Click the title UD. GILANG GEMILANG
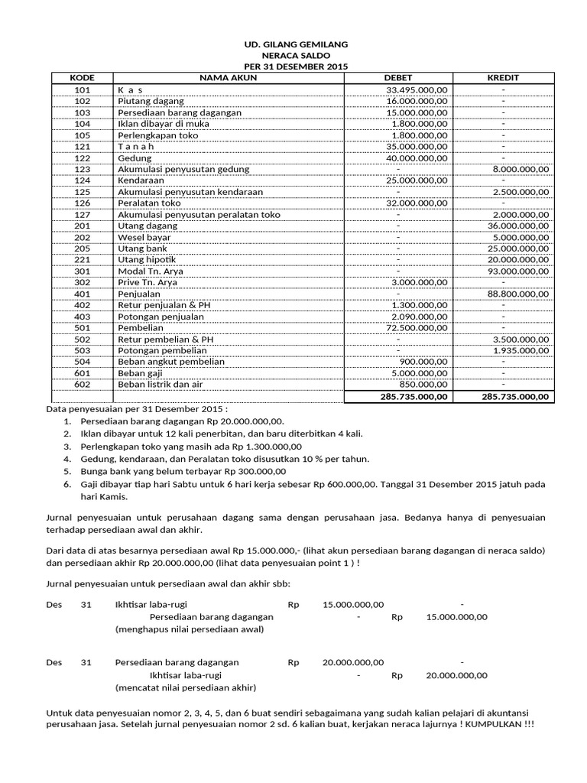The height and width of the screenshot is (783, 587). (x=294, y=45)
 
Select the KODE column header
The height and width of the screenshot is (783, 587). (x=82, y=78)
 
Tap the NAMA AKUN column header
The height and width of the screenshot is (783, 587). (x=228, y=78)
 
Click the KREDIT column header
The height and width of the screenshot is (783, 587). (x=503, y=78)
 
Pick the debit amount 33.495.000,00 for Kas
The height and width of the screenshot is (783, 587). (x=417, y=90)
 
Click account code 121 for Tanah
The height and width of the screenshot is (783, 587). (x=83, y=146)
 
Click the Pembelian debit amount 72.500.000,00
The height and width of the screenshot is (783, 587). (x=417, y=327)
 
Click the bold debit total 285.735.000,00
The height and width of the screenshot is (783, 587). (x=413, y=397)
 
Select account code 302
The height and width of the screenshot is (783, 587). (x=83, y=282)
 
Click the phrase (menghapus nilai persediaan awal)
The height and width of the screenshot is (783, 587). (x=189, y=630)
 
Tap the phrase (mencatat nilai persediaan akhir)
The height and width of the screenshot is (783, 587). (x=185, y=687)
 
